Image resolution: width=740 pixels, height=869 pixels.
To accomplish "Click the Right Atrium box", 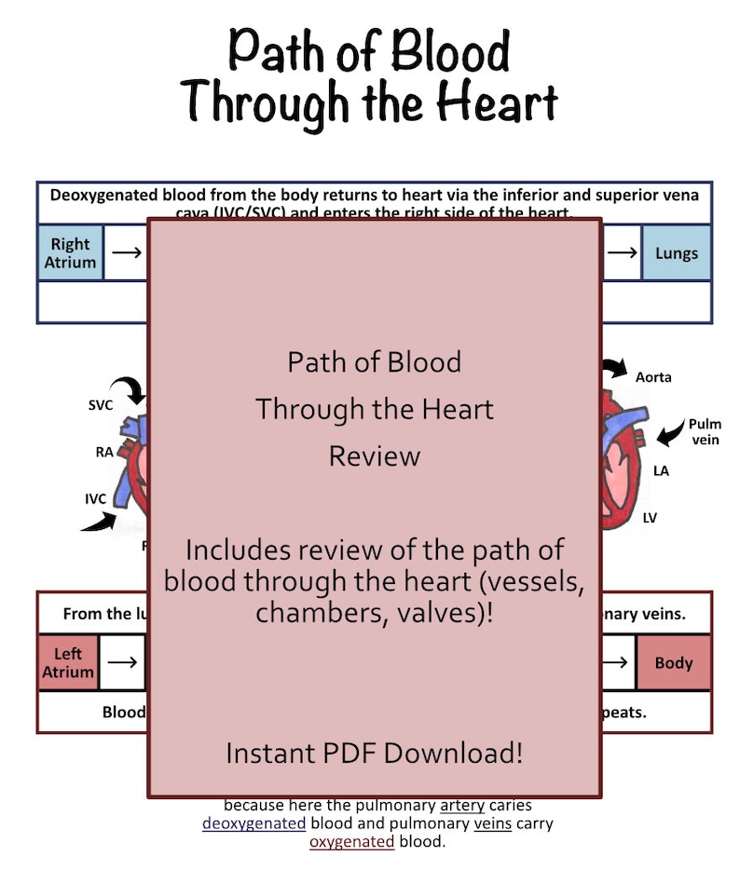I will coord(70,252).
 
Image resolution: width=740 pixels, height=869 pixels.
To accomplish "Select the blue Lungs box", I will coord(676,252).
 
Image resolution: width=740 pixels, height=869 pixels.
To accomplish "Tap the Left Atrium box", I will coord(68,662).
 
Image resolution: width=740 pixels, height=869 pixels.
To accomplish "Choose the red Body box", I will coord(674,663).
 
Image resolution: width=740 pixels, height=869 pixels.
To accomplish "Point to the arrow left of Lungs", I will coord(622,252).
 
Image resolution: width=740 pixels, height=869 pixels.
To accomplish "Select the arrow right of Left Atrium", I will coord(122,662).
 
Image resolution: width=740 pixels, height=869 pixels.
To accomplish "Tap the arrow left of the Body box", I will coord(618,663).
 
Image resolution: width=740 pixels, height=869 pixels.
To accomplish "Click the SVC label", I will coord(102,406).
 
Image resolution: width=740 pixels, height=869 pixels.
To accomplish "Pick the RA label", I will coord(105,453).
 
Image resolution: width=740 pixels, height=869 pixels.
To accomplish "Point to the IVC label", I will coord(96,498).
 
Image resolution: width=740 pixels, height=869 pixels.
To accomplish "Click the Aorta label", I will coord(653,377).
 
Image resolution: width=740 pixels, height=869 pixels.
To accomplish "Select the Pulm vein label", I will coord(705,431).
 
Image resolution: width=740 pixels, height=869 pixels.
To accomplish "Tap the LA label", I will coord(661,471).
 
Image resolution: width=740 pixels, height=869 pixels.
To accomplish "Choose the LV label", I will coord(650,517).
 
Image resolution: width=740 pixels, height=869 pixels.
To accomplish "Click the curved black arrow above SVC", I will coord(127,387).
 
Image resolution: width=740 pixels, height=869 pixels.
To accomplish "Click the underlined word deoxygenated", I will coord(254,823).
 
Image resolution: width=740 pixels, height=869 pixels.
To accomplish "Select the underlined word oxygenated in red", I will coord(351,842).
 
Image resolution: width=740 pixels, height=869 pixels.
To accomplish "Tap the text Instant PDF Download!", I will coord(374,753).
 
